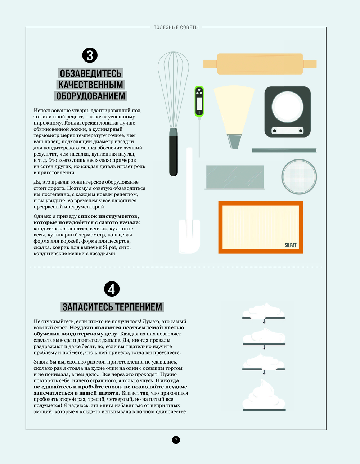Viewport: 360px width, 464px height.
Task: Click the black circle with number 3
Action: pos(90,55)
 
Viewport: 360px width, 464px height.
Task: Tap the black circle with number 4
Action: pos(112,289)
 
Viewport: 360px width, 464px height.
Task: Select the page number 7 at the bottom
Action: pos(176,440)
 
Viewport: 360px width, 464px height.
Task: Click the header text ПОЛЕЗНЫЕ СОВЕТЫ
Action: pos(176,27)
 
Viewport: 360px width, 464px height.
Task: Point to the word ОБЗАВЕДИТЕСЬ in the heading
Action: pos(90,73)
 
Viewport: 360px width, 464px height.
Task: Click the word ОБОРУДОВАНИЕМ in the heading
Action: pos(90,96)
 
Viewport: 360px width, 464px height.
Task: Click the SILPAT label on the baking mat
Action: pos(291,245)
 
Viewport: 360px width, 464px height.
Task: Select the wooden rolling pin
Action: pos(260,64)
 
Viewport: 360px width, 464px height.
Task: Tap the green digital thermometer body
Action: pos(199,101)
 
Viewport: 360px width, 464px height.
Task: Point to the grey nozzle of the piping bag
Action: pos(234,141)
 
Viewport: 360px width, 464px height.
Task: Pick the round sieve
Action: pos(299,177)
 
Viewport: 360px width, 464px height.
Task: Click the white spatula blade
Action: pos(189,236)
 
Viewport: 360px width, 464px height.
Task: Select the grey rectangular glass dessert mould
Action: pos(235,177)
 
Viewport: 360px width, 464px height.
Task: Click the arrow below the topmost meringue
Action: pos(264,321)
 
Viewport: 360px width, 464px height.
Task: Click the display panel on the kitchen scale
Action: pos(287,131)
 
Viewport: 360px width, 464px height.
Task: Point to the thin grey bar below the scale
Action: pos(284,150)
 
